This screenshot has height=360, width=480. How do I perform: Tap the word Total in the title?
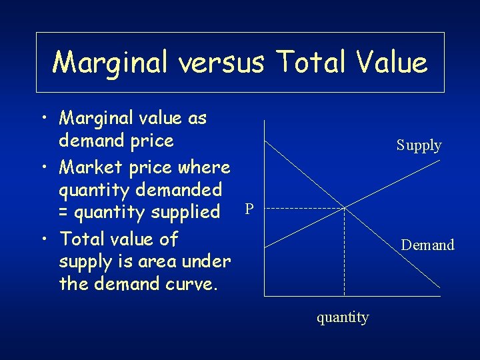tap(310, 63)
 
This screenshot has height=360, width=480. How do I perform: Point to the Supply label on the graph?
tap(419, 145)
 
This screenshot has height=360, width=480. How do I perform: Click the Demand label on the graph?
tap(427, 245)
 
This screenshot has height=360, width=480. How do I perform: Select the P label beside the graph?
tap(249, 209)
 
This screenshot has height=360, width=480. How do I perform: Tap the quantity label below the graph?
tap(343, 317)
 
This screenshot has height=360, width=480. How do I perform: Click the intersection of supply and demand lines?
tap(344, 209)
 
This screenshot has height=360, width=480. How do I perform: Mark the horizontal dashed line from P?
tap(300, 209)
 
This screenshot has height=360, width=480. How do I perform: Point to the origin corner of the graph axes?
tap(265, 295)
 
